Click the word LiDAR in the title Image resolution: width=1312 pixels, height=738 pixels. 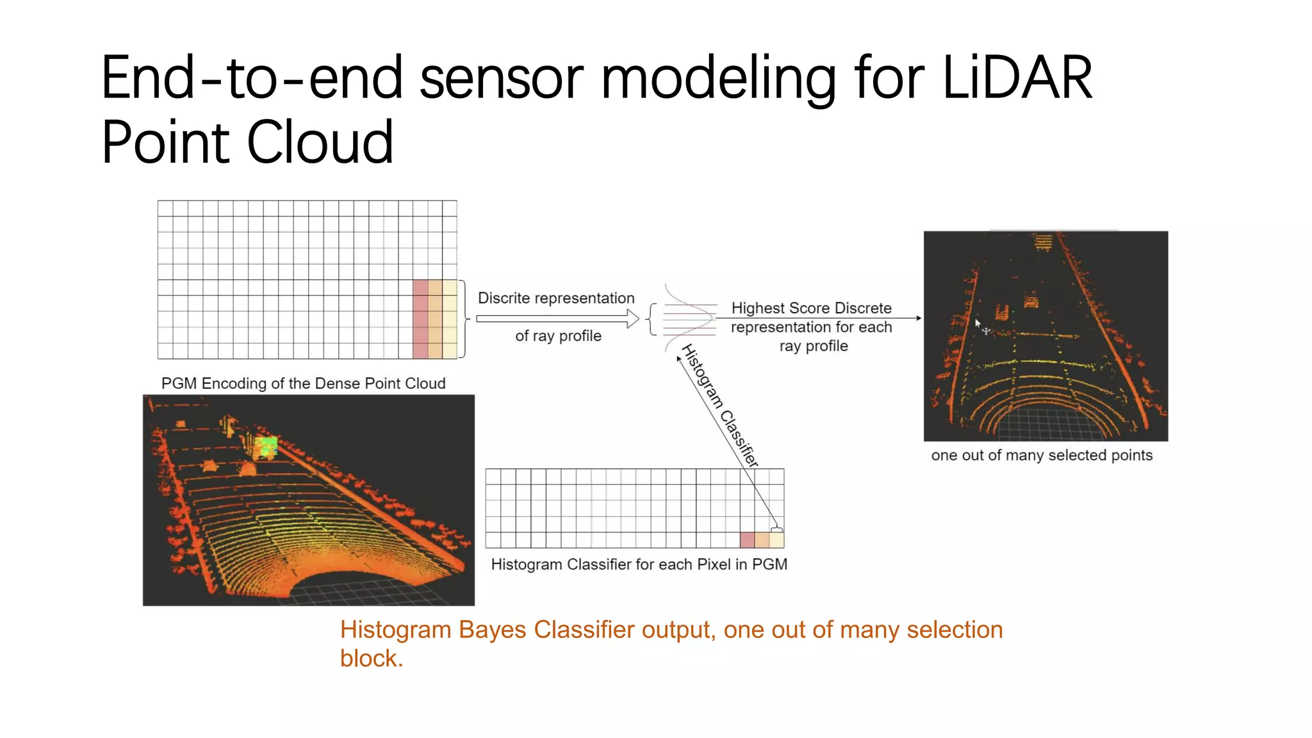(x=1017, y=78)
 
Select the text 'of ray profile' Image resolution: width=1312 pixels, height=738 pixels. (x=558, y=336)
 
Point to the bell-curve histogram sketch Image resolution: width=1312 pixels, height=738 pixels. (x=689, y=318)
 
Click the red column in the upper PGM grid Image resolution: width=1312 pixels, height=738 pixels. (x=420, y=318)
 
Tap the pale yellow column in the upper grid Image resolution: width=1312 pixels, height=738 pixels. (x=450, y=318)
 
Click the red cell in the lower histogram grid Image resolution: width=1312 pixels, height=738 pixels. (x=747, y=539)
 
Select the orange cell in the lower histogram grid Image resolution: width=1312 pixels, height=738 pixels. (x=762, y=539)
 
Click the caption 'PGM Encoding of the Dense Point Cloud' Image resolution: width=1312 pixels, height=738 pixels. (x=303, y=383)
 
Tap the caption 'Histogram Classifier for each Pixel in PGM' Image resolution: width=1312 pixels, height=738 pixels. (x=639, y=564)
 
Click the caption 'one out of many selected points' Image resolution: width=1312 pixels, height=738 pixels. (x=1042, y=455)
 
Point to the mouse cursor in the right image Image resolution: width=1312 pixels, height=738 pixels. (x=978, y=324)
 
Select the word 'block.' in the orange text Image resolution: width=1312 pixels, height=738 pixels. (x=372, y=659)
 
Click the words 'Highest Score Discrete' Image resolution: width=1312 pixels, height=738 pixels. (x=811, y=308)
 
